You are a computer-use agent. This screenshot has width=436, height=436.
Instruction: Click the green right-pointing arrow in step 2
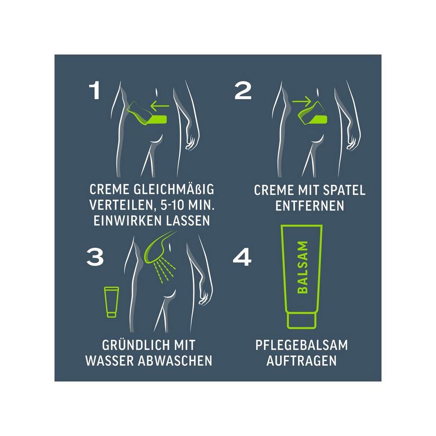pyautogui.click(x=301, y=101)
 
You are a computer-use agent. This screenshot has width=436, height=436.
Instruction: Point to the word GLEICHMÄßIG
pyautogui.click(x=182, y=190)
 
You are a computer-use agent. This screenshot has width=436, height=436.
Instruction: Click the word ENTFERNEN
pyautogui.click(x=309, y=206)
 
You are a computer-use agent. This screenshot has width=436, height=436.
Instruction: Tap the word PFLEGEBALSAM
pyautogui.click(x=301, y=345)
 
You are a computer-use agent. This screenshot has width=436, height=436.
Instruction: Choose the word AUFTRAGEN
pyautogui.click(x=301, y=360)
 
